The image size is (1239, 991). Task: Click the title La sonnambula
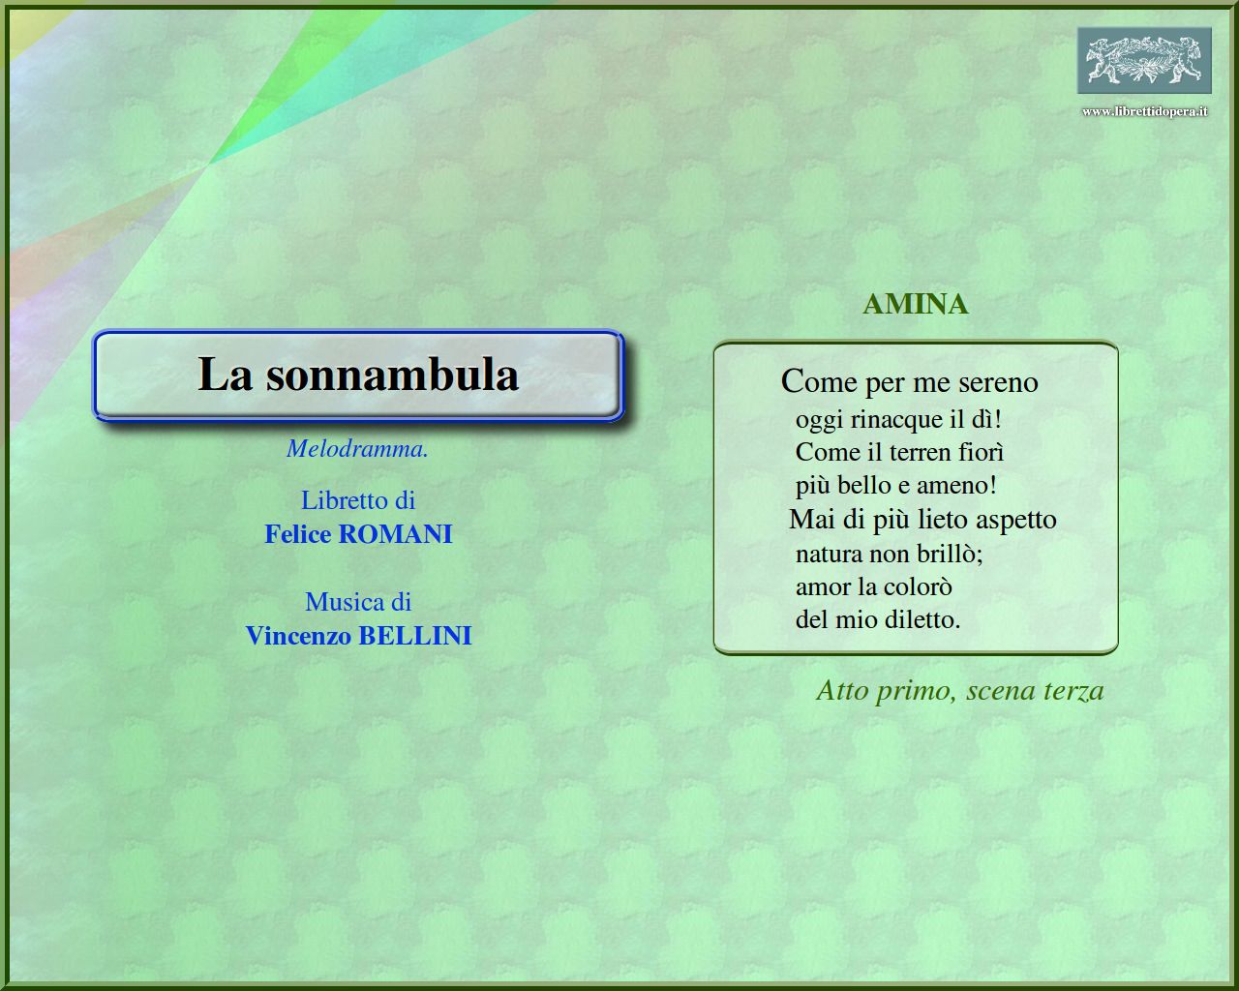[358, 375]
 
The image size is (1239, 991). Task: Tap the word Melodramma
[357, 449]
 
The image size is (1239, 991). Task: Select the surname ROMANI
[395, 534]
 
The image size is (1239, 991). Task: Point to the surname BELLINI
[414, 636]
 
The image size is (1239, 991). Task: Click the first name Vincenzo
[299, 636]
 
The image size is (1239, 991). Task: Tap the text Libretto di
[358, 500]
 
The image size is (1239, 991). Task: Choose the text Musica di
[358, 602]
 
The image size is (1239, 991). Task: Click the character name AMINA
[916, 304]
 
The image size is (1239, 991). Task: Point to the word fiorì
[981, 452]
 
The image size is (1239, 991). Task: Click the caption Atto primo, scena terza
[960, 690]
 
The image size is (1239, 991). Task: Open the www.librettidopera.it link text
[1144, 111]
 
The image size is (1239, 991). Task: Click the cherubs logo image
[1144, 60]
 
